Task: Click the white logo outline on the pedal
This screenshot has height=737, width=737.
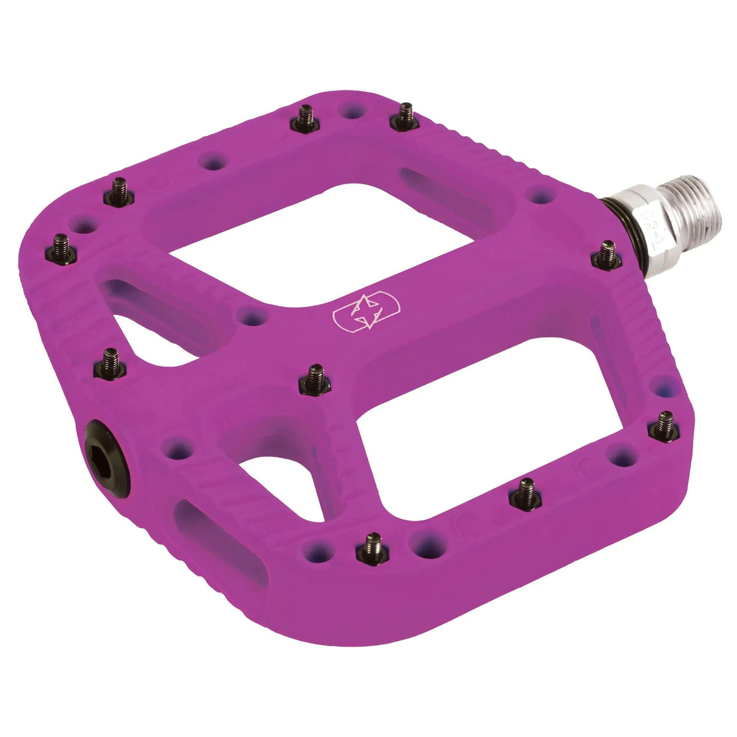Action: [x=366, y=313]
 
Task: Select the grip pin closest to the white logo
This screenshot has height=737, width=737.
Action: [x=315, y=378]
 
